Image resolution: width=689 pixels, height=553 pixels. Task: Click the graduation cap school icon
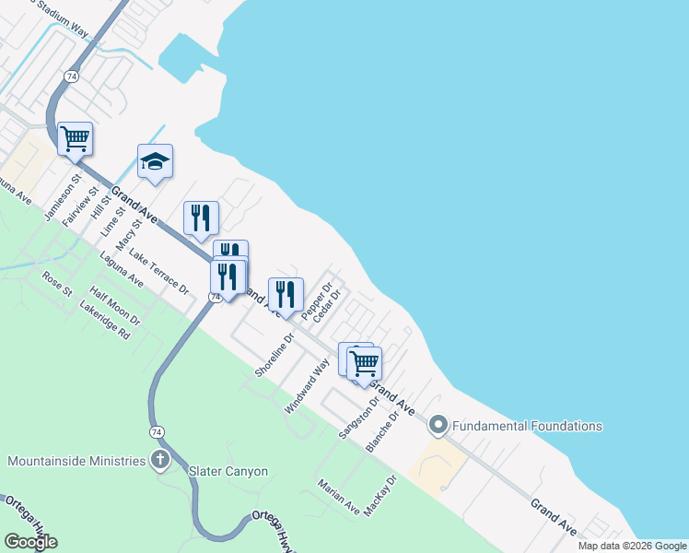click(156, 162)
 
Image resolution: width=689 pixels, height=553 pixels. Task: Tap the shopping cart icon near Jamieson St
click(75, 139)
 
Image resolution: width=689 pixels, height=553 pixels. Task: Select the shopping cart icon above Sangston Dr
click(365, 364)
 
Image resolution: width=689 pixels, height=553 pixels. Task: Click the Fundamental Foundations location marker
click(438, 425)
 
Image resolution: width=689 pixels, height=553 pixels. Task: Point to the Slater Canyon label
click(228, 471)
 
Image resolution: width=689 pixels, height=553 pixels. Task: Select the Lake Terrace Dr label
click(158, 272)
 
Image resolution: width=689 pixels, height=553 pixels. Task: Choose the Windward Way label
click(307, 385)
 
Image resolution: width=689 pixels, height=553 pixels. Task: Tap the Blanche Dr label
click(382, 431)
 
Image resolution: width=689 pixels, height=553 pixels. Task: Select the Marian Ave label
click(338, 496)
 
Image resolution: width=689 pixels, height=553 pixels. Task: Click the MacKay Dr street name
click(380, 496)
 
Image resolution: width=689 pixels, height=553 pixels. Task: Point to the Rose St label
click(57, 284)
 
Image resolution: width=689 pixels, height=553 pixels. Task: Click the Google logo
click(31, 542)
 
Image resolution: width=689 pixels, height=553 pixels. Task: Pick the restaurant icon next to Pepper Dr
click(286, 294)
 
